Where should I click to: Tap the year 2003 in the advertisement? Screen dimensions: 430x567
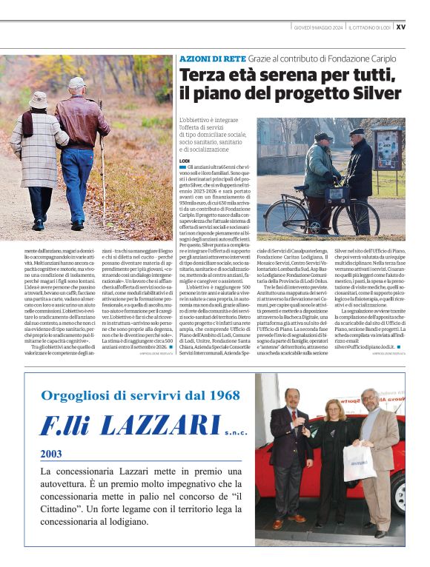[x=51, y=454]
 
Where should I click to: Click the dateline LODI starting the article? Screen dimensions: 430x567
[x=185, y=161]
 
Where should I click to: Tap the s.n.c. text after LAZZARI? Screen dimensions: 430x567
[x=235, y=431]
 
